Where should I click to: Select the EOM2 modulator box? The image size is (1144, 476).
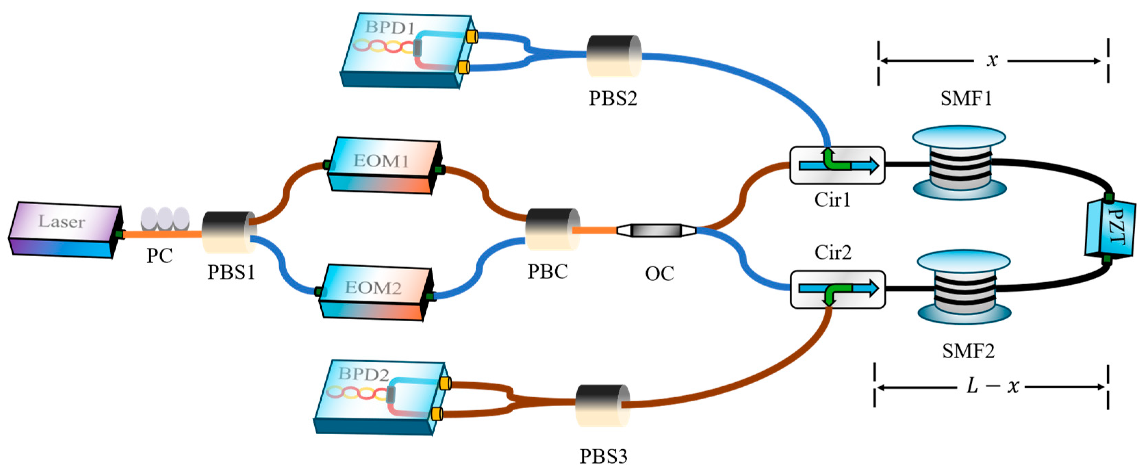376,292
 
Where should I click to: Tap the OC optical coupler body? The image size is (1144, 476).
656,230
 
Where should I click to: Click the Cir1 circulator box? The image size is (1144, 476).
837,165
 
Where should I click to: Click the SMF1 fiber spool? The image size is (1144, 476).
959,163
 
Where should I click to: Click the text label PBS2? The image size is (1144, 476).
613,99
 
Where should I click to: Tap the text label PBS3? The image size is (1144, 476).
603,456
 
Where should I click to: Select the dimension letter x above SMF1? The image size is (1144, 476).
992,60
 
